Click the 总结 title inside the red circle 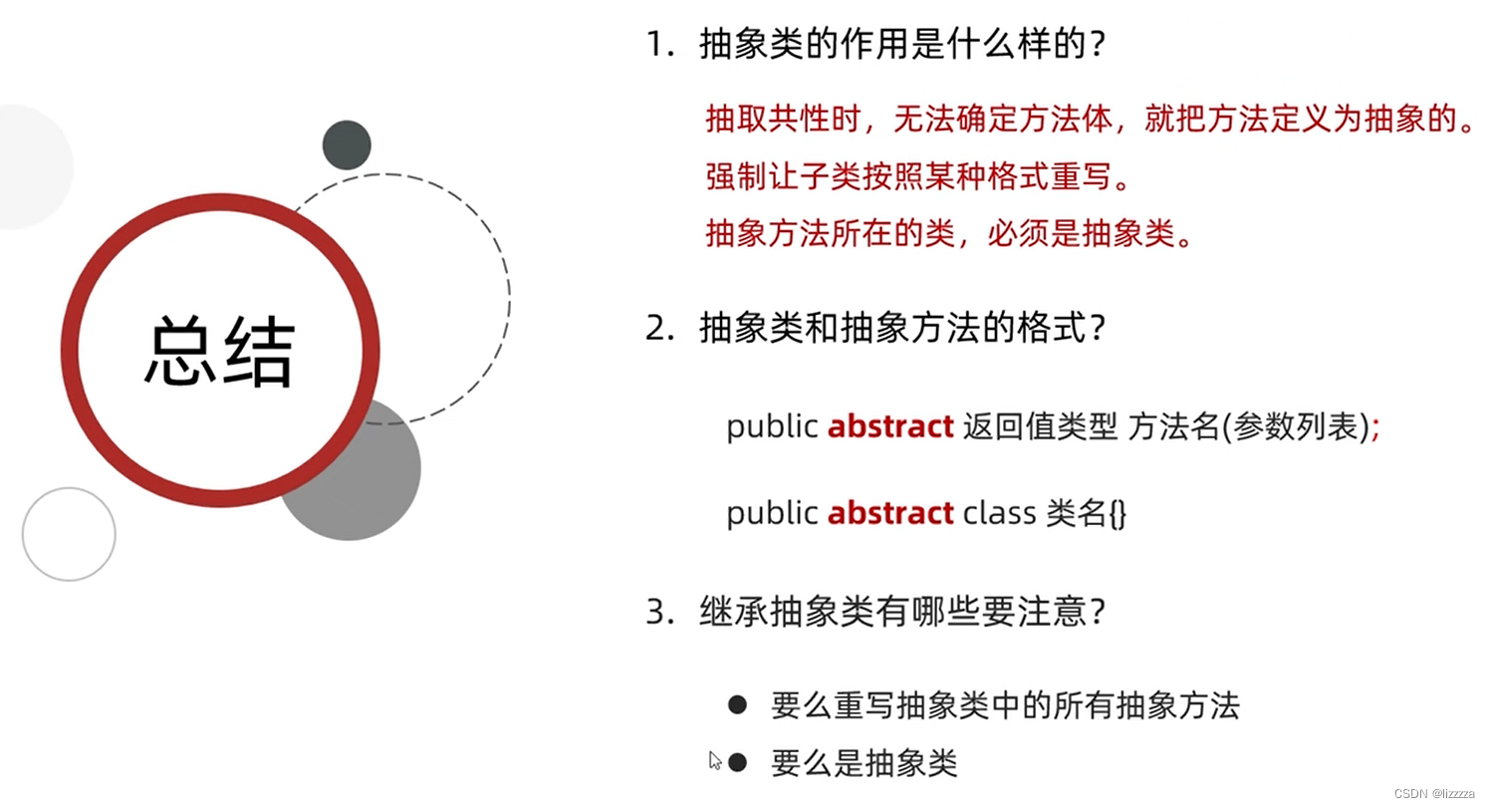[x=219, y=351]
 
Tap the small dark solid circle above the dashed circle [x=347, y=145]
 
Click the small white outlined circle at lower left [x=69, y=534]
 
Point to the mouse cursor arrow [x=715, y=760]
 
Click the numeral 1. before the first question [x=659, y=45]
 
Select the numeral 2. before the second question [x=659, y=329]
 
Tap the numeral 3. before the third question [x=659, y=612]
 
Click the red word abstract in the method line [x=890, y=426]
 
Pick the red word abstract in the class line [x=890, y=513]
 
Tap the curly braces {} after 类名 [x=1117, y=514]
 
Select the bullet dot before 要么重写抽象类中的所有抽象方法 [x=737, y=704]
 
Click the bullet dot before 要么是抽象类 [x=737, y=762]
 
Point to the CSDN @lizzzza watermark [x=1433, y=794]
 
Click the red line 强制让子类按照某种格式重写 [x=918, y=176]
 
